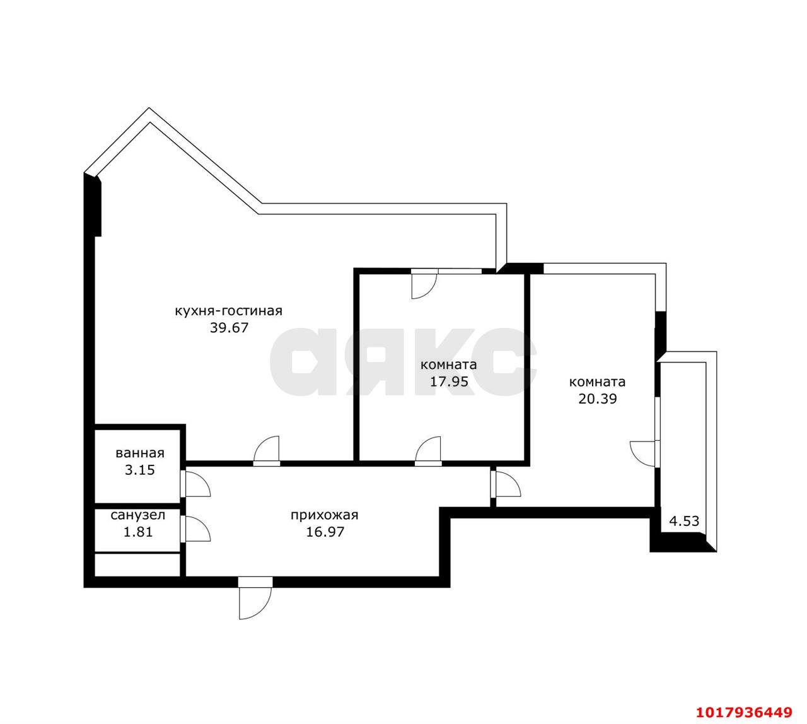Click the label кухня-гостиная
pyautogui.click(x=228, y=311)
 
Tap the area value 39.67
pyautogui.click(x=229, y=327)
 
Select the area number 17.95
pyautogui.click(x=449, y=382)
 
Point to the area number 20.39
pyautogui.click(x=598, y=399)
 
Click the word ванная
pyautogui.click(x=140, y=453)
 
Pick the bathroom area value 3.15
pyautogui.click(x=139, y=470)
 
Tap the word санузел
pyautogui.click(x=138, y=515)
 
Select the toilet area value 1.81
pyautogui.click(x=138, y=532)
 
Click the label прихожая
pyautogui.click(x=324, y=515)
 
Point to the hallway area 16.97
pyautogui.click(x=325, y=532)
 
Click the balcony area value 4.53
pyautogui.click(x=684, y=521)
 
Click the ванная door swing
pyautogui.click(x=195, y=484)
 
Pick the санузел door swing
pyautogui.click(x=195, y=528)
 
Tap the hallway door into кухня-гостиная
pyautogui.click(x=266, y=451)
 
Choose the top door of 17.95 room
pyautogui.click(x=424, y=284)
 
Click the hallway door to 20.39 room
pyautogui.click(x=506, y=484)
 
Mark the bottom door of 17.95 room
pyautogui.click(x=428, y=451)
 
